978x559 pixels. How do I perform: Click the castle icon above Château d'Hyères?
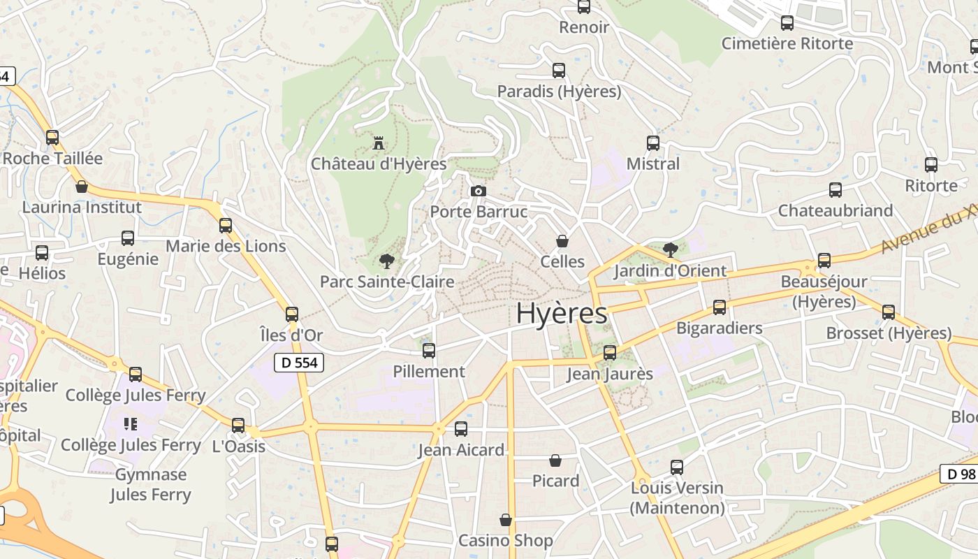(x=379, y=143)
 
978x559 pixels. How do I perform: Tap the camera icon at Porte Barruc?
(x=479, y=191)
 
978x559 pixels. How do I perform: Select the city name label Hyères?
(x=562, y=314)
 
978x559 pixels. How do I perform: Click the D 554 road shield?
(x=298, y=363)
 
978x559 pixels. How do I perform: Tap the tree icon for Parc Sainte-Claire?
(x=386, y=262)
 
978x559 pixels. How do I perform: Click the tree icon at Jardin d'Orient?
(x=670, y=249)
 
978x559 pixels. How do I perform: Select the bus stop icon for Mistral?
(x=653, y=143)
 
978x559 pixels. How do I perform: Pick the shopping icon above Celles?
(x=562, y=241)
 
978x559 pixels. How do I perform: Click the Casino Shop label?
(x=505, y=540)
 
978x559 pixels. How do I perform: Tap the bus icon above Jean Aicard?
(x=461, y=429)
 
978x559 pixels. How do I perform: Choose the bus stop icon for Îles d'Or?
(x=292, y=314)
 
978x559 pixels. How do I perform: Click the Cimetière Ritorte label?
(x=787, y=43)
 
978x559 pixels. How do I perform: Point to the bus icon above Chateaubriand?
(x=835, y=190)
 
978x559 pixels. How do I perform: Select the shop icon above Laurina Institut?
(x=82, y=187)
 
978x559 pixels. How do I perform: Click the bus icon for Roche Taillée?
(x=52, y=138)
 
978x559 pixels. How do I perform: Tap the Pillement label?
(x=429, y=371)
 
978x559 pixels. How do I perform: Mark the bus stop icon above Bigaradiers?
(x=720, y=307)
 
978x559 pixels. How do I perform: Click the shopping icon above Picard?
(x=555, y=460)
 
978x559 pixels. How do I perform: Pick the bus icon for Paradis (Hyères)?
(x=559, y=71)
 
